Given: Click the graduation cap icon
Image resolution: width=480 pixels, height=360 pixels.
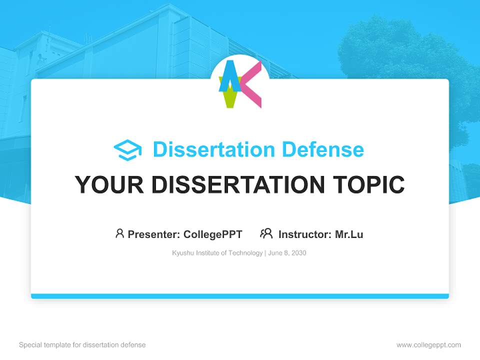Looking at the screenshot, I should coord(127,150).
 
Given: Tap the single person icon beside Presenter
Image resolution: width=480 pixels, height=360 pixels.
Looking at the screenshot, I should coord(119,233).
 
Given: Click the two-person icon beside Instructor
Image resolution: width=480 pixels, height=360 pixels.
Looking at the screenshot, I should coord(266,233).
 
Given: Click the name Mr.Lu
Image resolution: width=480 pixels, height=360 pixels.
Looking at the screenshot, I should coord(349,234).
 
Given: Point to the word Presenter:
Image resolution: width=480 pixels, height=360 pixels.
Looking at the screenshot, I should coord(154,234).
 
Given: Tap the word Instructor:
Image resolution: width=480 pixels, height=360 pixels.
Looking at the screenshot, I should coord(305,234).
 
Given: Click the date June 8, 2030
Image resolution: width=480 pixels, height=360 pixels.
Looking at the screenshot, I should coord(287,253).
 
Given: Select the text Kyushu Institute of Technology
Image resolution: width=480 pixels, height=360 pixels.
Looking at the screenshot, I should coord(217,253).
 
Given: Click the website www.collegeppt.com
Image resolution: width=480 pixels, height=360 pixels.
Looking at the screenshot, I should coord(428,345).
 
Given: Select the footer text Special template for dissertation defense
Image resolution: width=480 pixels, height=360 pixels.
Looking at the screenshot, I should coord(82,345).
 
